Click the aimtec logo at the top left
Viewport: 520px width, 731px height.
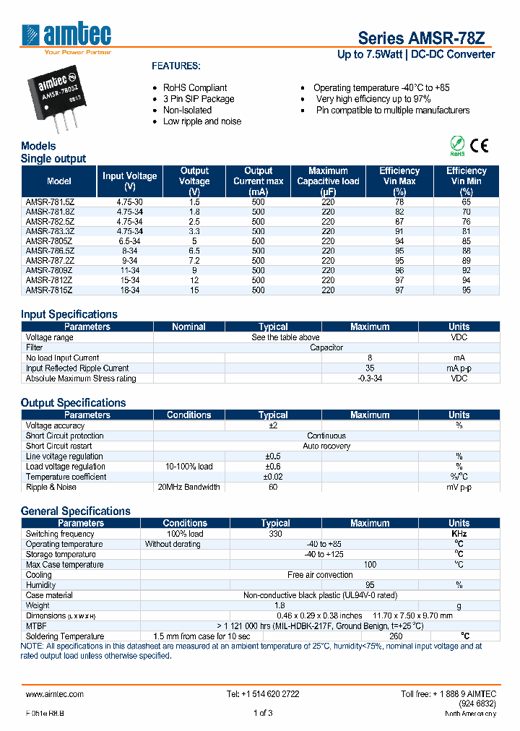point(67,36)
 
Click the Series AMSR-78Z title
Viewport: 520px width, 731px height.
point(426,38)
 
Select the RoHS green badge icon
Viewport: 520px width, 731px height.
point(456,145)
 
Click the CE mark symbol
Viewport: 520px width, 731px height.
point(480,145)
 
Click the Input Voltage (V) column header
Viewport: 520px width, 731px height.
point(129,181)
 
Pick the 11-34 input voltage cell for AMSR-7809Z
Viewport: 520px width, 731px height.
point(129,269)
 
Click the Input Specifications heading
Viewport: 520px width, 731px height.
point(69,314)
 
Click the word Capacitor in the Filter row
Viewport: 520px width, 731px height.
point(326,347)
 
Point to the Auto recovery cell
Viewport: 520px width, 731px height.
point(326,446)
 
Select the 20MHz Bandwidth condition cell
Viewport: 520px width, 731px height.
point(188,487)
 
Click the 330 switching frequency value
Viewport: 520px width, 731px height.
point(274,534)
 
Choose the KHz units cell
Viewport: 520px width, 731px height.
point(459,534)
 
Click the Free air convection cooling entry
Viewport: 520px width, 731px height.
point(320,575)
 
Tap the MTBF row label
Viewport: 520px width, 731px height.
point(35,626)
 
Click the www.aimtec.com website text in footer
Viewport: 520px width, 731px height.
point(55,693)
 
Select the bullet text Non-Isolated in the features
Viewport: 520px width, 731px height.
point(187,110)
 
